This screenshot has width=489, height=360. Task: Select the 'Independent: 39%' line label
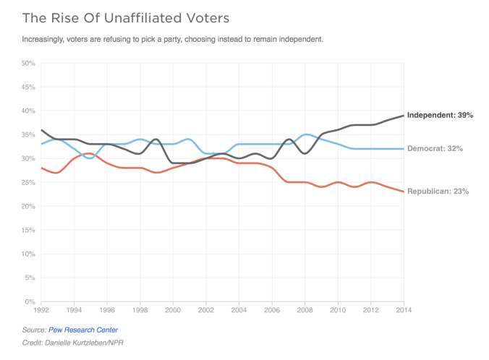click(440, 116)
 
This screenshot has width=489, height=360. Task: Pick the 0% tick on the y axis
click(30, 301)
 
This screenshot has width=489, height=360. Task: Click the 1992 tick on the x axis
click(41, 310)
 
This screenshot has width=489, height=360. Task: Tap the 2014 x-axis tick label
click(404, 310)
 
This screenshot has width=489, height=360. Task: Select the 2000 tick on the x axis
click(173, 310)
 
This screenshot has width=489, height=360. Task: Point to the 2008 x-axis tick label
click(305, 310)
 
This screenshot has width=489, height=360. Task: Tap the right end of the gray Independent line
click(404, 116)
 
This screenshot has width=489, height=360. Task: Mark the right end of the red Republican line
click(404, 192)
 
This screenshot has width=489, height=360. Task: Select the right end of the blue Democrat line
click(404, 149)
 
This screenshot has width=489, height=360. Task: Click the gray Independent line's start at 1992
click(41, 130)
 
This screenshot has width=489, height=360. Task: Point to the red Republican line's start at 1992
click(41, 168)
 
